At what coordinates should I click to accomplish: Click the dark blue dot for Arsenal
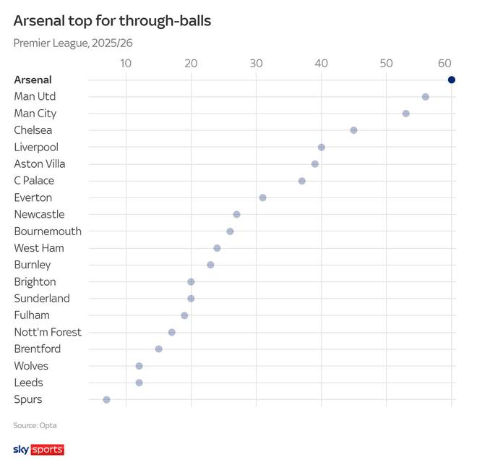(x=452, y=80)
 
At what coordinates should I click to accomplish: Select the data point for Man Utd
(x=425, y=97)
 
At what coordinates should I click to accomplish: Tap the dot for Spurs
(x=106, y=399)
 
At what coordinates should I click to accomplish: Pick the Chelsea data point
(x=353, y=130)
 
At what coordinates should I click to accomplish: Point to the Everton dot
(x=262, y=197)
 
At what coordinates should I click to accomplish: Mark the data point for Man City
(x=405, y=114)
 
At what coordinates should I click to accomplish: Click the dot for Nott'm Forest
(x=171, y=332)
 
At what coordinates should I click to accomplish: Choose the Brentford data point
(x=158, y=349)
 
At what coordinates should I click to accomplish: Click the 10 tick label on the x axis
(x=126, y=64)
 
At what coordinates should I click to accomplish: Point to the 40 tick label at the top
(x=321, y=64)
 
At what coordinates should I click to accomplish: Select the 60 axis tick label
(x=445, y=64)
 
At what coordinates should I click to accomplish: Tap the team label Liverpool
(x=36, y=147)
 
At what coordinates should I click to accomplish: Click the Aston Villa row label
(x=40, y=163)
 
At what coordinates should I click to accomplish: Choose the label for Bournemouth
(x=48, y=231)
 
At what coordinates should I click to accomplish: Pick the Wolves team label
(x=31, y=366)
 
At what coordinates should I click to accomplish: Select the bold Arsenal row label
(x=33, y=80)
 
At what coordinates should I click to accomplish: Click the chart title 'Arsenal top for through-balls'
(x=112, y=21)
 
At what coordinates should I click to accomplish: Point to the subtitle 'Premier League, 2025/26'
(x=73, y=43)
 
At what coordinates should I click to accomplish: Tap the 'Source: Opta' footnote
(x=35, y=425)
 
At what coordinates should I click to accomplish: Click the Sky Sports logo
(x=39, y=450)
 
